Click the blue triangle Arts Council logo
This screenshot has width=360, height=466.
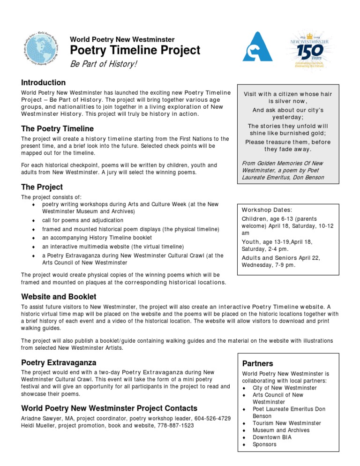[257, 47]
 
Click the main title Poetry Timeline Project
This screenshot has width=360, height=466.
[135, 51]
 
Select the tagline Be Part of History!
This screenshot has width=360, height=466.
[104, 64]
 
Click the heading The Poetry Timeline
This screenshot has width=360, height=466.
[58, 128]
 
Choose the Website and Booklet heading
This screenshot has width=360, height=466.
[59, 297]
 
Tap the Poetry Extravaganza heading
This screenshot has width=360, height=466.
[59, 362]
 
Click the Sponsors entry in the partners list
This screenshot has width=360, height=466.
[264, 444]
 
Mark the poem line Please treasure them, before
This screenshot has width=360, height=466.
[288, 141]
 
